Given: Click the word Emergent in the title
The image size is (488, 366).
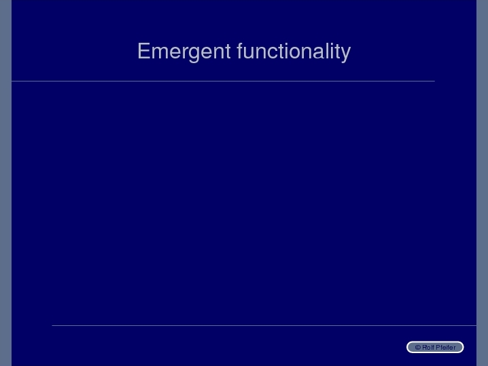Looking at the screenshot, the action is tap(184, 52).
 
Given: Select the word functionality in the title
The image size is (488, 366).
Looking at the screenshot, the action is tap(294, 52).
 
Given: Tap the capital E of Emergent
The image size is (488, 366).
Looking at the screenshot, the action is tap(144, 51).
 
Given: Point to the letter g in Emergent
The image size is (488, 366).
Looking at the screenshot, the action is tap(194, 54).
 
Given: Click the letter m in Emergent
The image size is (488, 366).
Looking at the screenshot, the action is tap(161, 52).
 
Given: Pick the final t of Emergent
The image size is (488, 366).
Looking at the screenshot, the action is tap(228, 52).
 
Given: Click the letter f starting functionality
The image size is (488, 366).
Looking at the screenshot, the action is tap(240, 50).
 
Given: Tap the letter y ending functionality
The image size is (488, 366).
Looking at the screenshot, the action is tap(345, 54).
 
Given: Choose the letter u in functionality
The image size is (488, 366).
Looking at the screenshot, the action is tap(249, 53).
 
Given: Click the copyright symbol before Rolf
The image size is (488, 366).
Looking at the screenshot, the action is tap(418, 348).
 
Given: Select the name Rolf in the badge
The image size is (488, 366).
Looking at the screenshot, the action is tap(429, 348).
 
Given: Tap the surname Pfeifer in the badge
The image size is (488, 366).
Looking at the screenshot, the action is tap(447, 348).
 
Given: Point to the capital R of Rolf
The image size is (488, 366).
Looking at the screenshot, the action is tap(425, 348).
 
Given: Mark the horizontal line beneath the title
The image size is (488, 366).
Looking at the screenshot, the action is tap(223, 81).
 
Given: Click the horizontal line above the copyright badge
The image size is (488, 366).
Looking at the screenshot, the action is tap(264, 325).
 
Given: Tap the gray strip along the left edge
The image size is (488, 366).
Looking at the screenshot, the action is tap(5, 183).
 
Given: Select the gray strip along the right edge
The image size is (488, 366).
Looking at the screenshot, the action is tap(482, 183).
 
